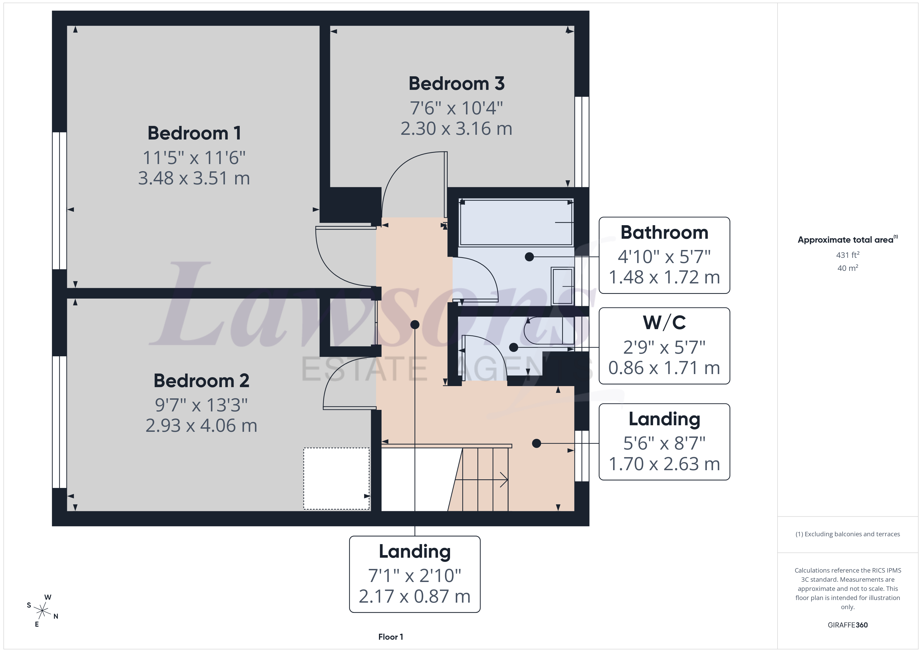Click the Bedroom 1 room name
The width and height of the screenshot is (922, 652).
pos(194,133)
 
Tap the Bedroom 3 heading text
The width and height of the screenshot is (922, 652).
pos(457,84)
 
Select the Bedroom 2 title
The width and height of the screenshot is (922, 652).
pos(201,381)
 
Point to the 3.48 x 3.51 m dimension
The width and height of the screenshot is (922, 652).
pos(194,178)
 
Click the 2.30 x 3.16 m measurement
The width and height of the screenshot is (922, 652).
pos(457,129)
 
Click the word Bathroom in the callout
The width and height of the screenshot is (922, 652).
pos(664,232)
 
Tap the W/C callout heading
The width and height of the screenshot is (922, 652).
pos(664,322)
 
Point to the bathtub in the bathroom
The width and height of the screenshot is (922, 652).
pos(516,222)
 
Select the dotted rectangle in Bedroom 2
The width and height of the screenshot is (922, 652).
pos(337,479)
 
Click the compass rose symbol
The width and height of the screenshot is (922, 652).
pos(42,611)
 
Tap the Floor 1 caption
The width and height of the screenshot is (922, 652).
pos(390,637)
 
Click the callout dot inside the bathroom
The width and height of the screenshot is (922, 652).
pos(529,257)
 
